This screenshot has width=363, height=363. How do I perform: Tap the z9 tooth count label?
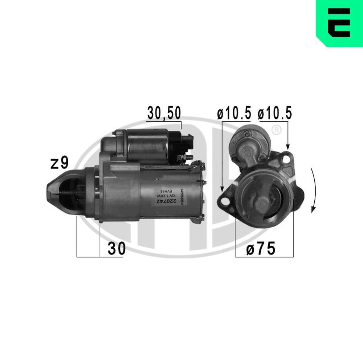pyautogui.click(x=60, y=163)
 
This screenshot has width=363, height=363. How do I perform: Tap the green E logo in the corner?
pyautogui.click(x=339, y=23)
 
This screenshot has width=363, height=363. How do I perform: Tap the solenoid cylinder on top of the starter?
pyautogui.click(x=147, y=145)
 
